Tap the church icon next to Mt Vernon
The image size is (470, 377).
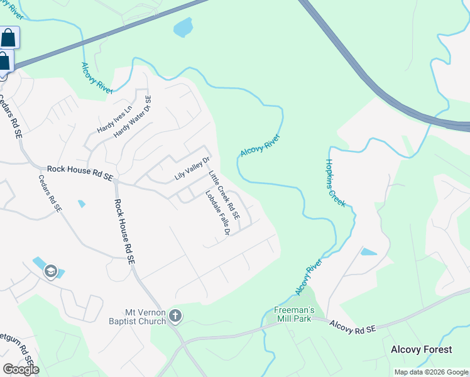[x=175, y=316]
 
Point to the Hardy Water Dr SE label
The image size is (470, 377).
[x=133, y=117]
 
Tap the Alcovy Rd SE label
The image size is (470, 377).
[x=352, y=327]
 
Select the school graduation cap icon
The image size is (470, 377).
[x=50, y=271]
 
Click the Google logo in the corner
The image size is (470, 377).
[x=21, y=369]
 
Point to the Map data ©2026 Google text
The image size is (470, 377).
[x=430, y=372]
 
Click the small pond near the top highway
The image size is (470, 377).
[x=183, y=27]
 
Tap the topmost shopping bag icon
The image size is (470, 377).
[x=8, y=38]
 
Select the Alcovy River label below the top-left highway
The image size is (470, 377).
[x=97, y=77]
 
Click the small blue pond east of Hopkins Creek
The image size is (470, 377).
[x=368, y=252]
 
